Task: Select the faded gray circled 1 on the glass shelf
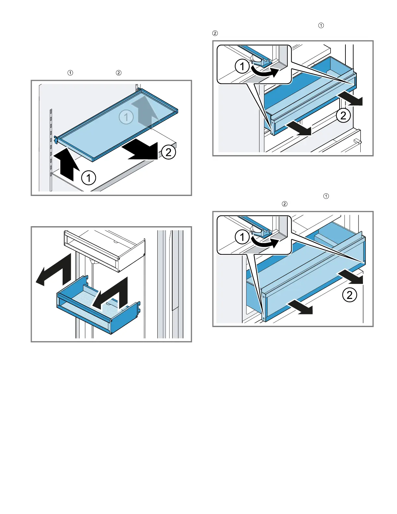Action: pos(126,117)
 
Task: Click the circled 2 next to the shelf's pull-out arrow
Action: pos(168,152)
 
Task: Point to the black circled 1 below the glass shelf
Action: pos(89,178)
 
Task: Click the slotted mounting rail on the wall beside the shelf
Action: pos(51,143)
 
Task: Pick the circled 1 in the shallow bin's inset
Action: pos(242,67)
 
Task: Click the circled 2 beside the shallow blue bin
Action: pos(343,115)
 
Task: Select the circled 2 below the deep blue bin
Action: pos(350,295)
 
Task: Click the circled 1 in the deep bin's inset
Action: pos(242,237)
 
